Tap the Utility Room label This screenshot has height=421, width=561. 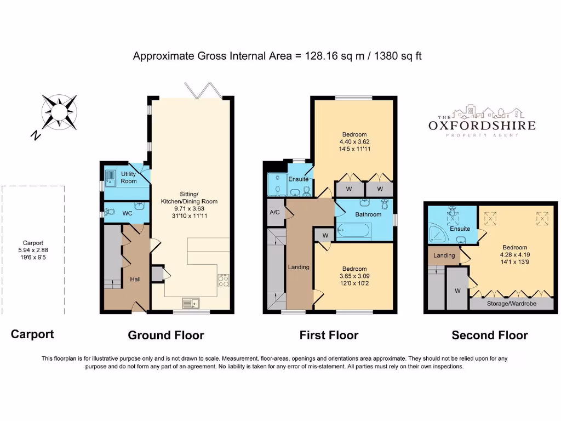(x=128, y=178)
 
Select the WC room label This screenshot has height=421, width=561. (x=127, y=213)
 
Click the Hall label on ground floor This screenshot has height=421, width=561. (x=135, y=279)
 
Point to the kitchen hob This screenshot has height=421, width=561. (x=224, y=280)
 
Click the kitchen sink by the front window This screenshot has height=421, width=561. (x=191, y=304)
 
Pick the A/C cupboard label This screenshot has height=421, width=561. (x=275, y=212)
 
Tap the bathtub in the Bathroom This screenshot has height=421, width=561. (x=354, y=231)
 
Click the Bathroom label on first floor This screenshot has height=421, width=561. (x=368, y=214)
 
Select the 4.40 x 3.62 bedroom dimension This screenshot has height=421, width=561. (x=354, y=142)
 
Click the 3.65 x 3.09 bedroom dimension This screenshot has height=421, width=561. (x=354, y=276)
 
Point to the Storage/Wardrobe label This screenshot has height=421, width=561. (x=512, y=304)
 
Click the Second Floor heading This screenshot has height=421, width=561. (x=490, y=335)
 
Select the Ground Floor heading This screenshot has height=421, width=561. (x=166, y=335)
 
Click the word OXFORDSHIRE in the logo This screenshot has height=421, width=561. (x=482, y=126)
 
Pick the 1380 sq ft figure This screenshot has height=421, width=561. (x=398, y=56)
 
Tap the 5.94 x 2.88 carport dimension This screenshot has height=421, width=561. (x=33, y=250)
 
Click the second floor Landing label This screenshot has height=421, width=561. (x=444, y=255)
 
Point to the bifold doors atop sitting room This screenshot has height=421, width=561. (x=204, y=90)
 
